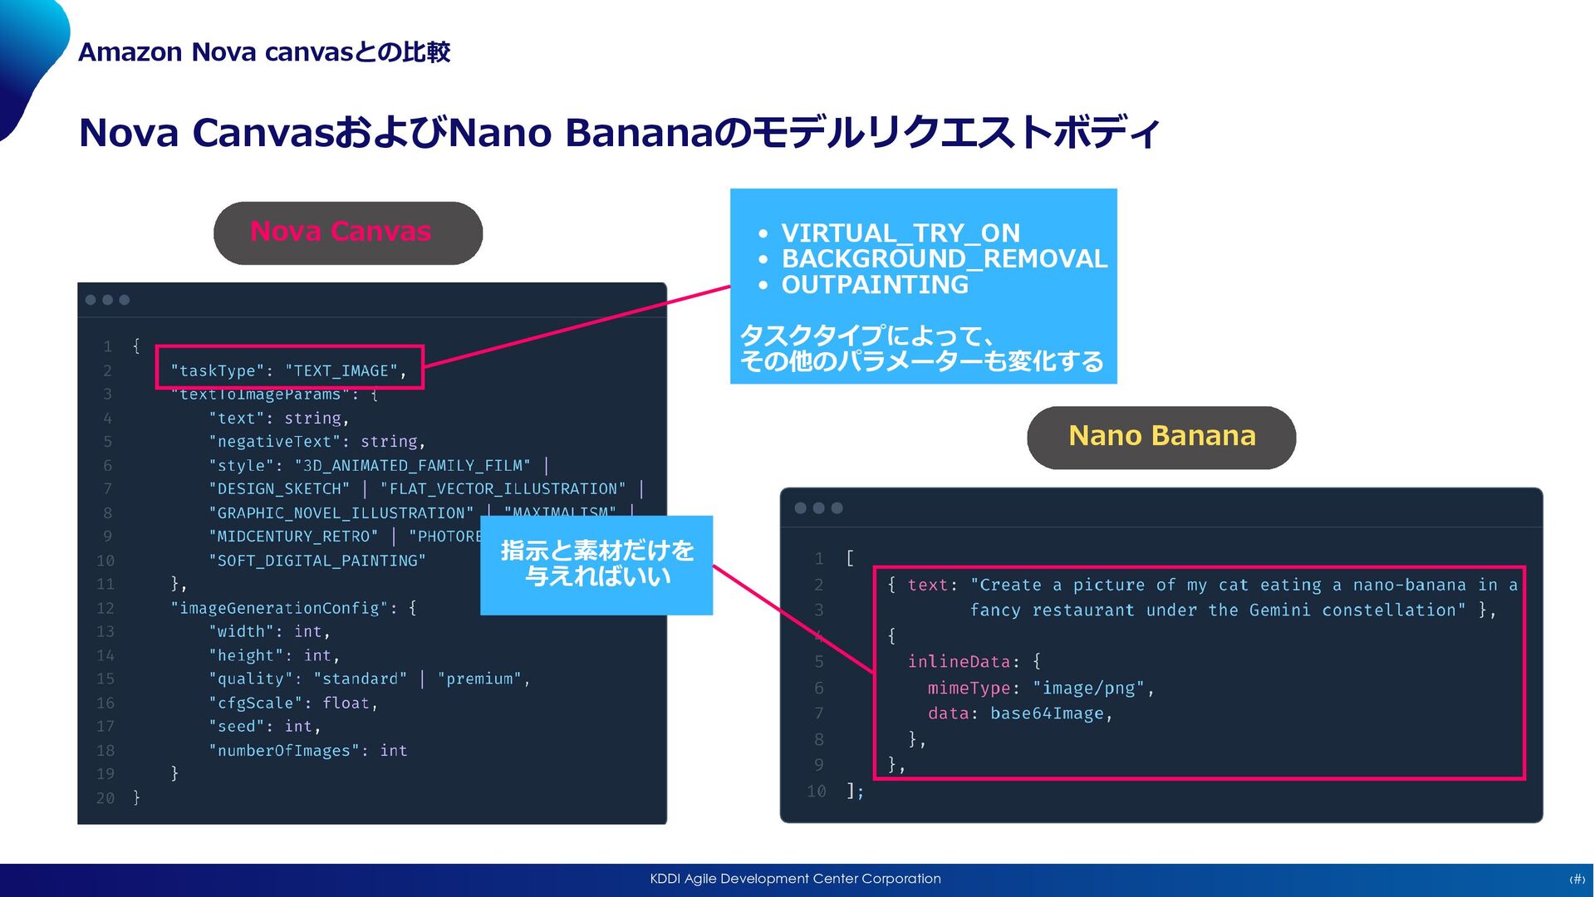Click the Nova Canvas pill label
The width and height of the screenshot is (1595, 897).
coord(341,232)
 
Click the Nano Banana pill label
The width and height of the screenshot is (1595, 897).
coord(1161,436)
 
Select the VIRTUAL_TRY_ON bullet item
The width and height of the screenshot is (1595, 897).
coord(901,233)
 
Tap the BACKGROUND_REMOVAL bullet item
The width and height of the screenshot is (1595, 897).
coord(945,259)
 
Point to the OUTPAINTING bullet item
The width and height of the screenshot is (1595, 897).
coord(875,285)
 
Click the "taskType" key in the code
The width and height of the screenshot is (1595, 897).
coord(217,371)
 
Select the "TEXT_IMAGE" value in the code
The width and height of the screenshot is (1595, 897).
coord(341,371)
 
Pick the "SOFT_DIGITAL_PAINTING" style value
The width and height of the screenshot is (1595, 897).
coord(317,561)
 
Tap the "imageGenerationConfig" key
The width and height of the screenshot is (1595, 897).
coord(279,608)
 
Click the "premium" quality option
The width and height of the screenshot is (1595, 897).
coord(479,679)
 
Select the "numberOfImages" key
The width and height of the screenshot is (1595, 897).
coord(283,751)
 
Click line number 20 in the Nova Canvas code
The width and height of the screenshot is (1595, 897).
coord(106,798)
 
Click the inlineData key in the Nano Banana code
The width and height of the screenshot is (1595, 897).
coord(959,662)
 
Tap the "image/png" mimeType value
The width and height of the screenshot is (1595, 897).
coord(1088,689)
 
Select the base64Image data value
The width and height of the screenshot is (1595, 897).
coord(1047,713)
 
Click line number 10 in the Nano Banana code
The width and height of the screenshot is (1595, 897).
coord(816,792)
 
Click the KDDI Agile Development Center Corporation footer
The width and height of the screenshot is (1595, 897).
coord(795,879)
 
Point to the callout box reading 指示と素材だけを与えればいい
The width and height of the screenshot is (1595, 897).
coord(596,565)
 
